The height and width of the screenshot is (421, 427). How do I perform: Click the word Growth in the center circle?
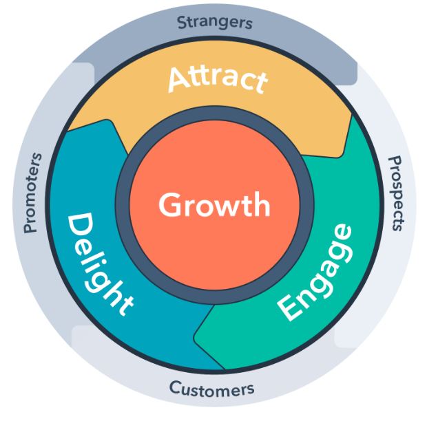pos(213,205)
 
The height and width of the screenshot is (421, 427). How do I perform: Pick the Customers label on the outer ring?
pos(211,389)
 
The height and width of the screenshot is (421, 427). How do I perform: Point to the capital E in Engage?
pos(291,309)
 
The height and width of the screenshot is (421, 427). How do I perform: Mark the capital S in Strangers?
pos(183,23)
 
